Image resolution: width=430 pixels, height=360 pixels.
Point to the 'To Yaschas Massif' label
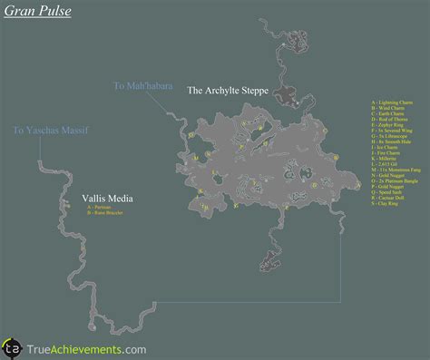(46, 130)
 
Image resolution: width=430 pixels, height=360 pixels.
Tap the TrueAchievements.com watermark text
(86, 346)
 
